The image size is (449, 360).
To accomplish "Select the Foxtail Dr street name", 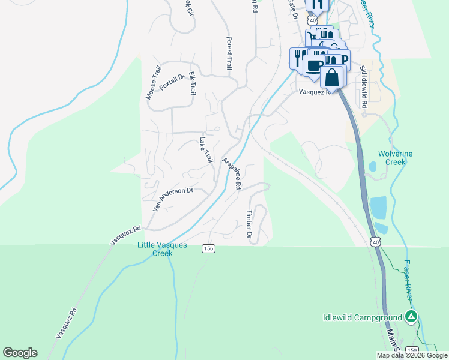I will (x=172, y=81).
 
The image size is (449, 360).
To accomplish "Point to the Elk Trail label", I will (x=192, y=83).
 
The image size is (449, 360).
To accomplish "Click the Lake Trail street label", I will (x=206, y=150).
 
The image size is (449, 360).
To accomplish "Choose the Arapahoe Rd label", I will (x=231, y=174).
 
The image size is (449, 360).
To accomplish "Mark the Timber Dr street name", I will (x=248, y=224).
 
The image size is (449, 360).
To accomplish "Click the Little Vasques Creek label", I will (x=162, y=249).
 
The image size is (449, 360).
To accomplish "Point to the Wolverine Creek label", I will (x=396, y=158).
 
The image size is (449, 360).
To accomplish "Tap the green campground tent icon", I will (x=411, y=317).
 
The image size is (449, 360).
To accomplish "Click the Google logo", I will (x=20, y=353).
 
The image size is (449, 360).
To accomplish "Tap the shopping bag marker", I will (x=332, y=77).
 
